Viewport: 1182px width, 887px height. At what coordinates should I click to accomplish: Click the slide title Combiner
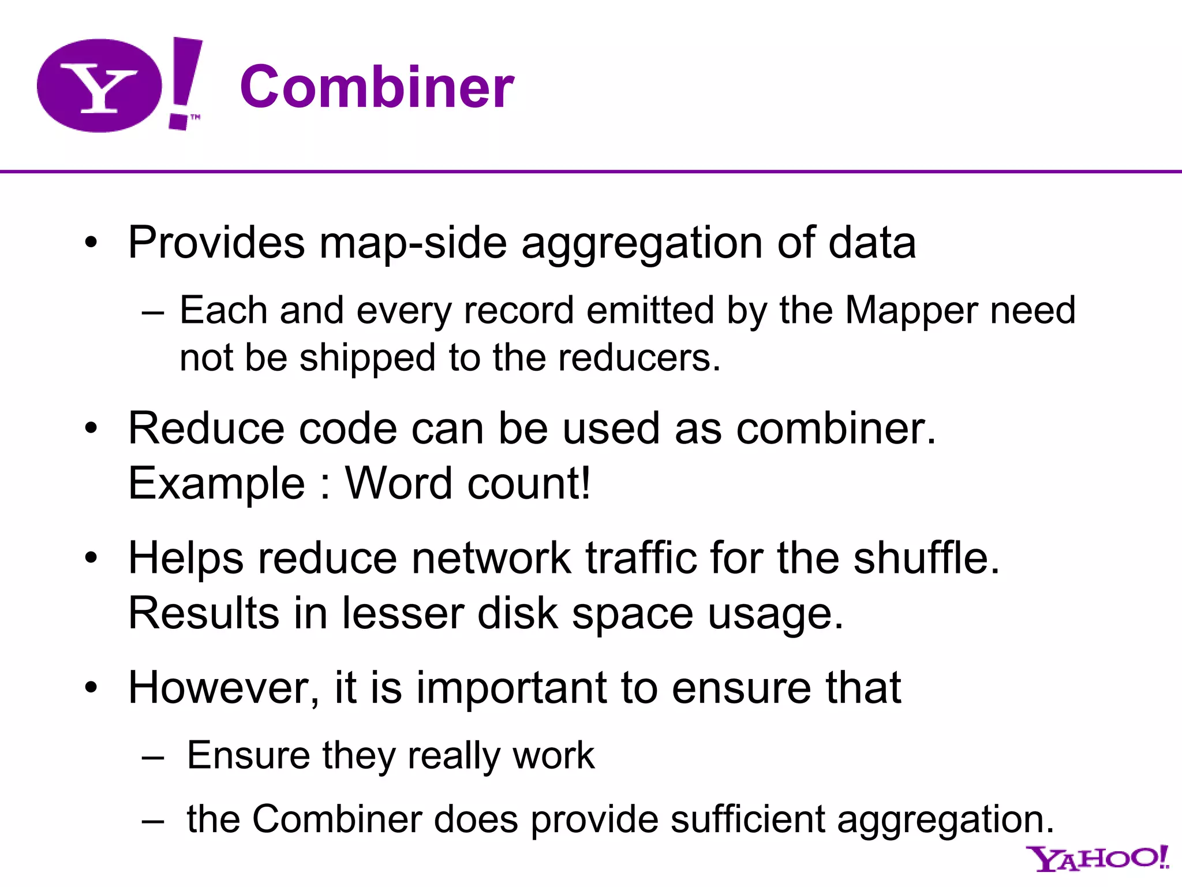[376, 87]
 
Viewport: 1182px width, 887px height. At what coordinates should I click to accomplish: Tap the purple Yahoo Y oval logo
[99, 85]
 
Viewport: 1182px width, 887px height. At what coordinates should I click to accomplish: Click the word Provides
[216, 243]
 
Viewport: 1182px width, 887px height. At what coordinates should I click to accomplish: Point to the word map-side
[413, 243]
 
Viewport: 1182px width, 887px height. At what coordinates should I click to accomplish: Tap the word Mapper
[910, 311]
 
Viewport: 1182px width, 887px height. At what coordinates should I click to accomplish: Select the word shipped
[367, 358]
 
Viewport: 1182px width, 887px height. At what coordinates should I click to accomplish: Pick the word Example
[216, 484]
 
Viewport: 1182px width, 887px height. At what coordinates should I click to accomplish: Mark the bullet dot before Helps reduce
[91, 558]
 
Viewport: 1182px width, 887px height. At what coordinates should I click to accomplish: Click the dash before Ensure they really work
[153, 756]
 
